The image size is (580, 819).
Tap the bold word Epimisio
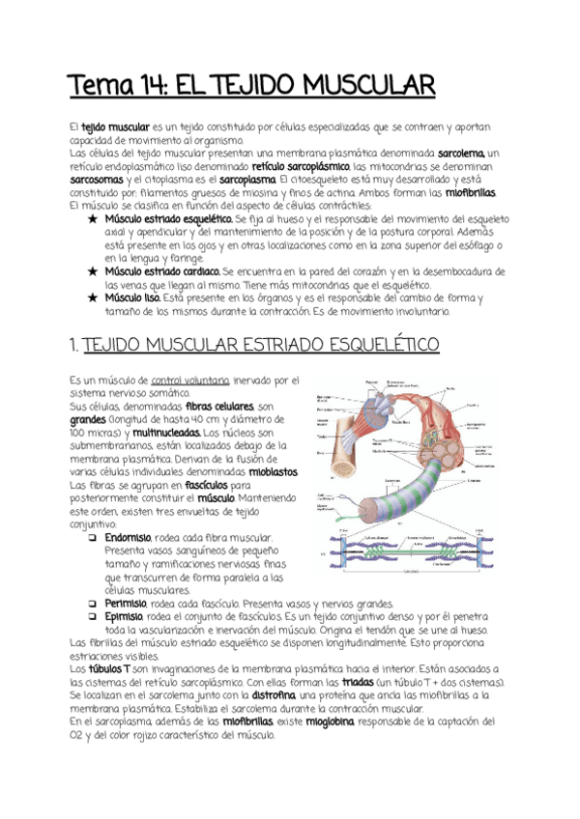point(123,615)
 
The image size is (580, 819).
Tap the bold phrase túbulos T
point(108,668)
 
